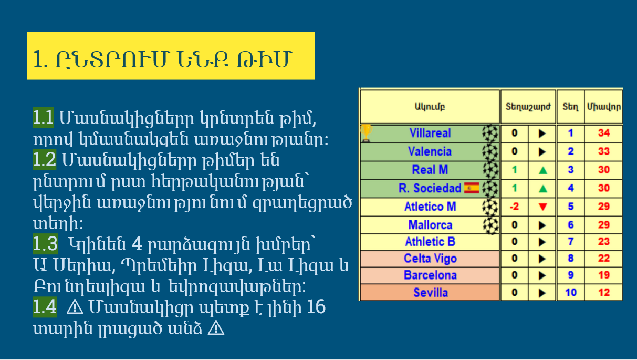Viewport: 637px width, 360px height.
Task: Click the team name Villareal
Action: click(430, 133)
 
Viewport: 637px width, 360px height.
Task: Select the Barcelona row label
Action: click(430, 275)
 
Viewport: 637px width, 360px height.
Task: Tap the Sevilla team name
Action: click(431, 293)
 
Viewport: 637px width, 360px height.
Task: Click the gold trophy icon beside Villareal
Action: click(366, 133)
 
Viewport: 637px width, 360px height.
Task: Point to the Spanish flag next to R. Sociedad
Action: click(472, 188)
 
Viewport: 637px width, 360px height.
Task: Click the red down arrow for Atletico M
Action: click(543, 207)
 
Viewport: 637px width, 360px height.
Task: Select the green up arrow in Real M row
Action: click(543, 170)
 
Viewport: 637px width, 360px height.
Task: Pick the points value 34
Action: click(604, 133)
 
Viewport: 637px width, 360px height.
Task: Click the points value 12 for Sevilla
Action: click(604, 293)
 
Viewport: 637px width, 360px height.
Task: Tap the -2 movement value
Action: click(515, 207)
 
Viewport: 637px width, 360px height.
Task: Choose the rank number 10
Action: click(570, 293)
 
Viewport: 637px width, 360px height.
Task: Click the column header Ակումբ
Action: click(430, 107)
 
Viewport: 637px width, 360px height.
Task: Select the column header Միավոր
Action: click(604, 107)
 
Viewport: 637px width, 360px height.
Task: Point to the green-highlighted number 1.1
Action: click(43, 117)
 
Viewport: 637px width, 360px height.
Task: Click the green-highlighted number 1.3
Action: click(46, 244)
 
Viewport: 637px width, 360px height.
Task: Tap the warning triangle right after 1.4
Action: click(75, 308)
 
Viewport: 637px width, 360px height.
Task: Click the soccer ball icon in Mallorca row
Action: click(490, 225)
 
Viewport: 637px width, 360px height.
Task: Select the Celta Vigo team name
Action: click(430, 259)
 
